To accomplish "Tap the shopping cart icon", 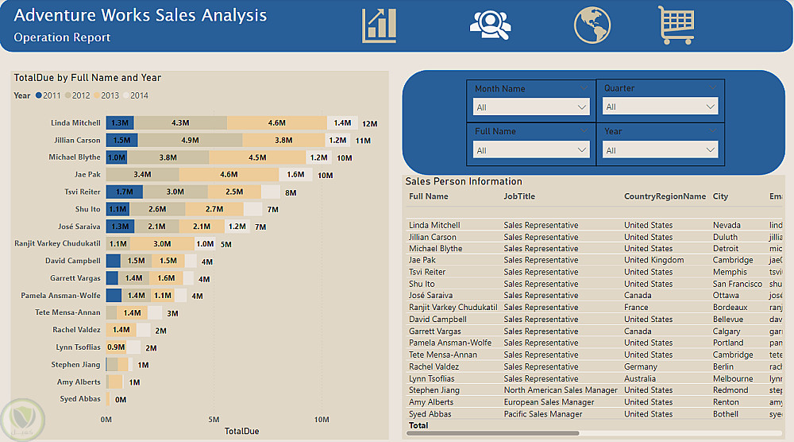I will pyautogui.click(x=676, y=25).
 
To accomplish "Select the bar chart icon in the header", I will pyautogui.click(x=379, y=25).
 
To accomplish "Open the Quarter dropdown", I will pyautogui.click(x=661, y=107).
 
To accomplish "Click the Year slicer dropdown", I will pyautogui.click(x=661, y=149).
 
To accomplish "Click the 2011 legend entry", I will pyautogui.click(x=48, y=95).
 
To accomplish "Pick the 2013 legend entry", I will pyautogui.click(x=106, y=95).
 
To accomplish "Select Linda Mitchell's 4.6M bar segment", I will pyautogui.click(x=276, y=123).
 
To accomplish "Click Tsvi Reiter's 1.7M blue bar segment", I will pyautogui.click(x=124, y=192).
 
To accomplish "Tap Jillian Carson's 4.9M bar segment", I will pyautogui.click(x=190, y=140).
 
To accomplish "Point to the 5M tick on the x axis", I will pyautogui.click(x=214, y=419).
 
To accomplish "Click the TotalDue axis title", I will pyautogui.click(x=241, y=431).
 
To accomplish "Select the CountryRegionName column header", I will pyautogui.click(x=665, y=196).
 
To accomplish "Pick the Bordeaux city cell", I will pyautogui.click(x=731, y=307).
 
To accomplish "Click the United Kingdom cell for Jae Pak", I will pyautogui.click(x=653, y=260).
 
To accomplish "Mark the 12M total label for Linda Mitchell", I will pyautogui.click(x=369, y=124).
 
